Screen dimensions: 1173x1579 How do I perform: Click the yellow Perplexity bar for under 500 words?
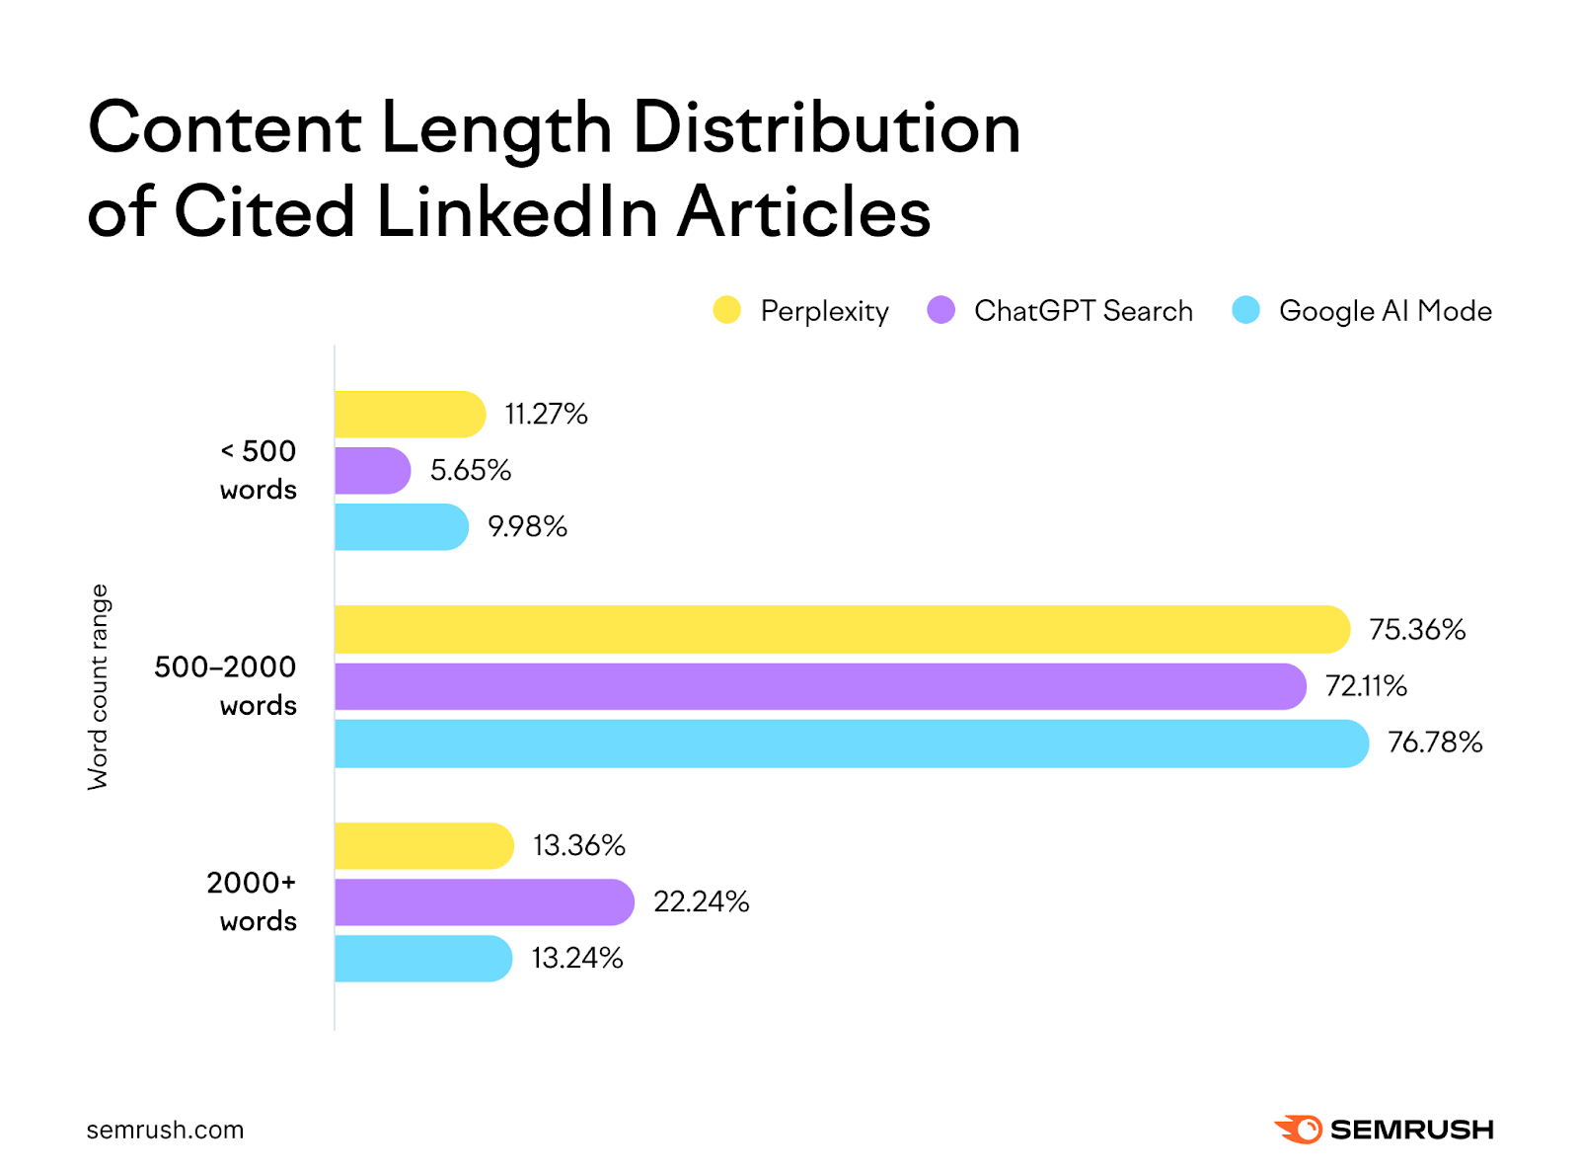(x=410, y=415)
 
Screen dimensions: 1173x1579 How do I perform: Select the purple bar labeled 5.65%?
(x=372, y=471)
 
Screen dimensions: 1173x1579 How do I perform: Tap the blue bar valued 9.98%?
(x=401, y=527)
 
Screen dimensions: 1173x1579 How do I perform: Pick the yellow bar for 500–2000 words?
(x=841, y=630)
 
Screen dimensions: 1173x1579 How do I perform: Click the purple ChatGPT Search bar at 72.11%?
(x=819, y=686)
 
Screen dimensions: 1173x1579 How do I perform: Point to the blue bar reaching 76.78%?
(x=851, y=743)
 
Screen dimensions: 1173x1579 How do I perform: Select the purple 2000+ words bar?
(x=484, y=902)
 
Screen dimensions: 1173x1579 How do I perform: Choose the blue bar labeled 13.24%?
(x=422, y=959)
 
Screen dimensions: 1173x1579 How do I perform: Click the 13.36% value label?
(x=579, y=846)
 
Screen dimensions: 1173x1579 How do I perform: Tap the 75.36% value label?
(x=1416, y=630)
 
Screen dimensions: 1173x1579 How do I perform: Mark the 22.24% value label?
(x=701, y=902)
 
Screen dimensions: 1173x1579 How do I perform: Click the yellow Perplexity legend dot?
(x=726, y=310)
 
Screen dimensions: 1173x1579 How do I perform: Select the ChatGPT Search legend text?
(x=1083, y=311)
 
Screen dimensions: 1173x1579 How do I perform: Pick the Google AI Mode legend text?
(x=1385, y=311)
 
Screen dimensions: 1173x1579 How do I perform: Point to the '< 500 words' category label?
(x=258, y=470)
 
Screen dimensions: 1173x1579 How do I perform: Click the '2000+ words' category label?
(x=252, y=901)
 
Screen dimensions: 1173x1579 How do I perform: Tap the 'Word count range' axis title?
(x=99, y=687)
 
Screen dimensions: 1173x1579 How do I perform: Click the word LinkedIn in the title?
(x=516, y=211)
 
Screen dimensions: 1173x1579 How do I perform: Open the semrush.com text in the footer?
(x=165, y=1131)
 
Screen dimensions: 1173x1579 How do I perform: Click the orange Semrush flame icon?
(x=1300, y=1130)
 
